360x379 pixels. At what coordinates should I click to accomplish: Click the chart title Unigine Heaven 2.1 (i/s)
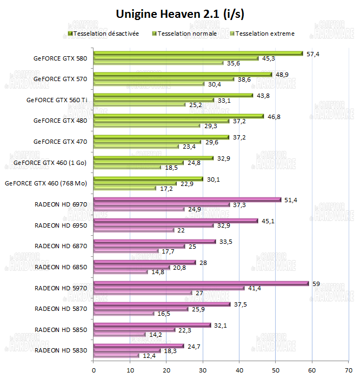click(x=180, y=14)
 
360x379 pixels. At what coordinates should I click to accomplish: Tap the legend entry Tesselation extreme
click(x=264, y=34)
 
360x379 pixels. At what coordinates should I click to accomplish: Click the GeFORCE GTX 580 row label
click(x=60, y=58)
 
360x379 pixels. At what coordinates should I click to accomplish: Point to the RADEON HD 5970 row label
click(x=61, y=288)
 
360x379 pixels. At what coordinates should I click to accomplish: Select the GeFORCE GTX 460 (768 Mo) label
click(x=46, y=183)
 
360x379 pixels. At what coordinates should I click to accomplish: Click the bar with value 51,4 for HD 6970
click(x=187, y=200)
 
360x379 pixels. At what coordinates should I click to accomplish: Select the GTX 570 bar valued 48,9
click(x=183, y=75)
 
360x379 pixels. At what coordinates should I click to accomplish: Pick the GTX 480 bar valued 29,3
click(x=146, y=125)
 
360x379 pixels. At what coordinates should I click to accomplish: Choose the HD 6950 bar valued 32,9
click(x=153, y=225)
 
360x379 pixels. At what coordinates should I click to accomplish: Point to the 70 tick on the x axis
click(x=348, y=370)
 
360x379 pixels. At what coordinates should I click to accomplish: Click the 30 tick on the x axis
click(x=203, y=370)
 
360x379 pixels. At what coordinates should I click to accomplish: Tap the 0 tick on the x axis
click(x=94, y=370)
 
